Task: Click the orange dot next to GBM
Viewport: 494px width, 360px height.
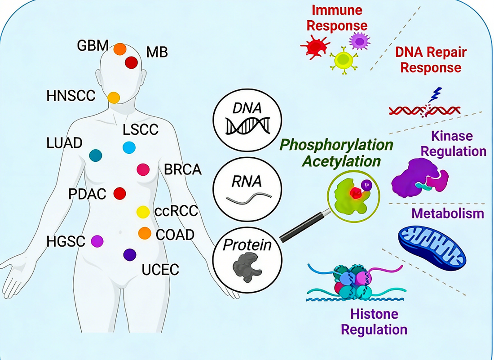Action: click(x=119, y=49)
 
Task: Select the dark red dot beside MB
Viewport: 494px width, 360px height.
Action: click(x=131, y=62)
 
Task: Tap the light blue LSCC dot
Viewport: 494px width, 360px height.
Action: click(x=129, y=147)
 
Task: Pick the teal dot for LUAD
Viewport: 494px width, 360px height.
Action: click(x=96, y=156)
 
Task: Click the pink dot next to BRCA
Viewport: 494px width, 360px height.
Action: click(x=143, y=169)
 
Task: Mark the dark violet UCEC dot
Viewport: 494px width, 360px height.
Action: click(x=130, y=255)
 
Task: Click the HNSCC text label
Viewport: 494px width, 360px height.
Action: click(x=71, y=96)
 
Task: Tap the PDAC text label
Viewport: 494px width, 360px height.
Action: click(x=87, y=194)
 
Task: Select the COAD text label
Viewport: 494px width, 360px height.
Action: click(x=175, y=235)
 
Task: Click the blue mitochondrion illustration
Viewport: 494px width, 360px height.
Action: click(x=432, y=245)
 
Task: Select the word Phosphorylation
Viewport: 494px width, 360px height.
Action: click(x=336, y=146)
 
